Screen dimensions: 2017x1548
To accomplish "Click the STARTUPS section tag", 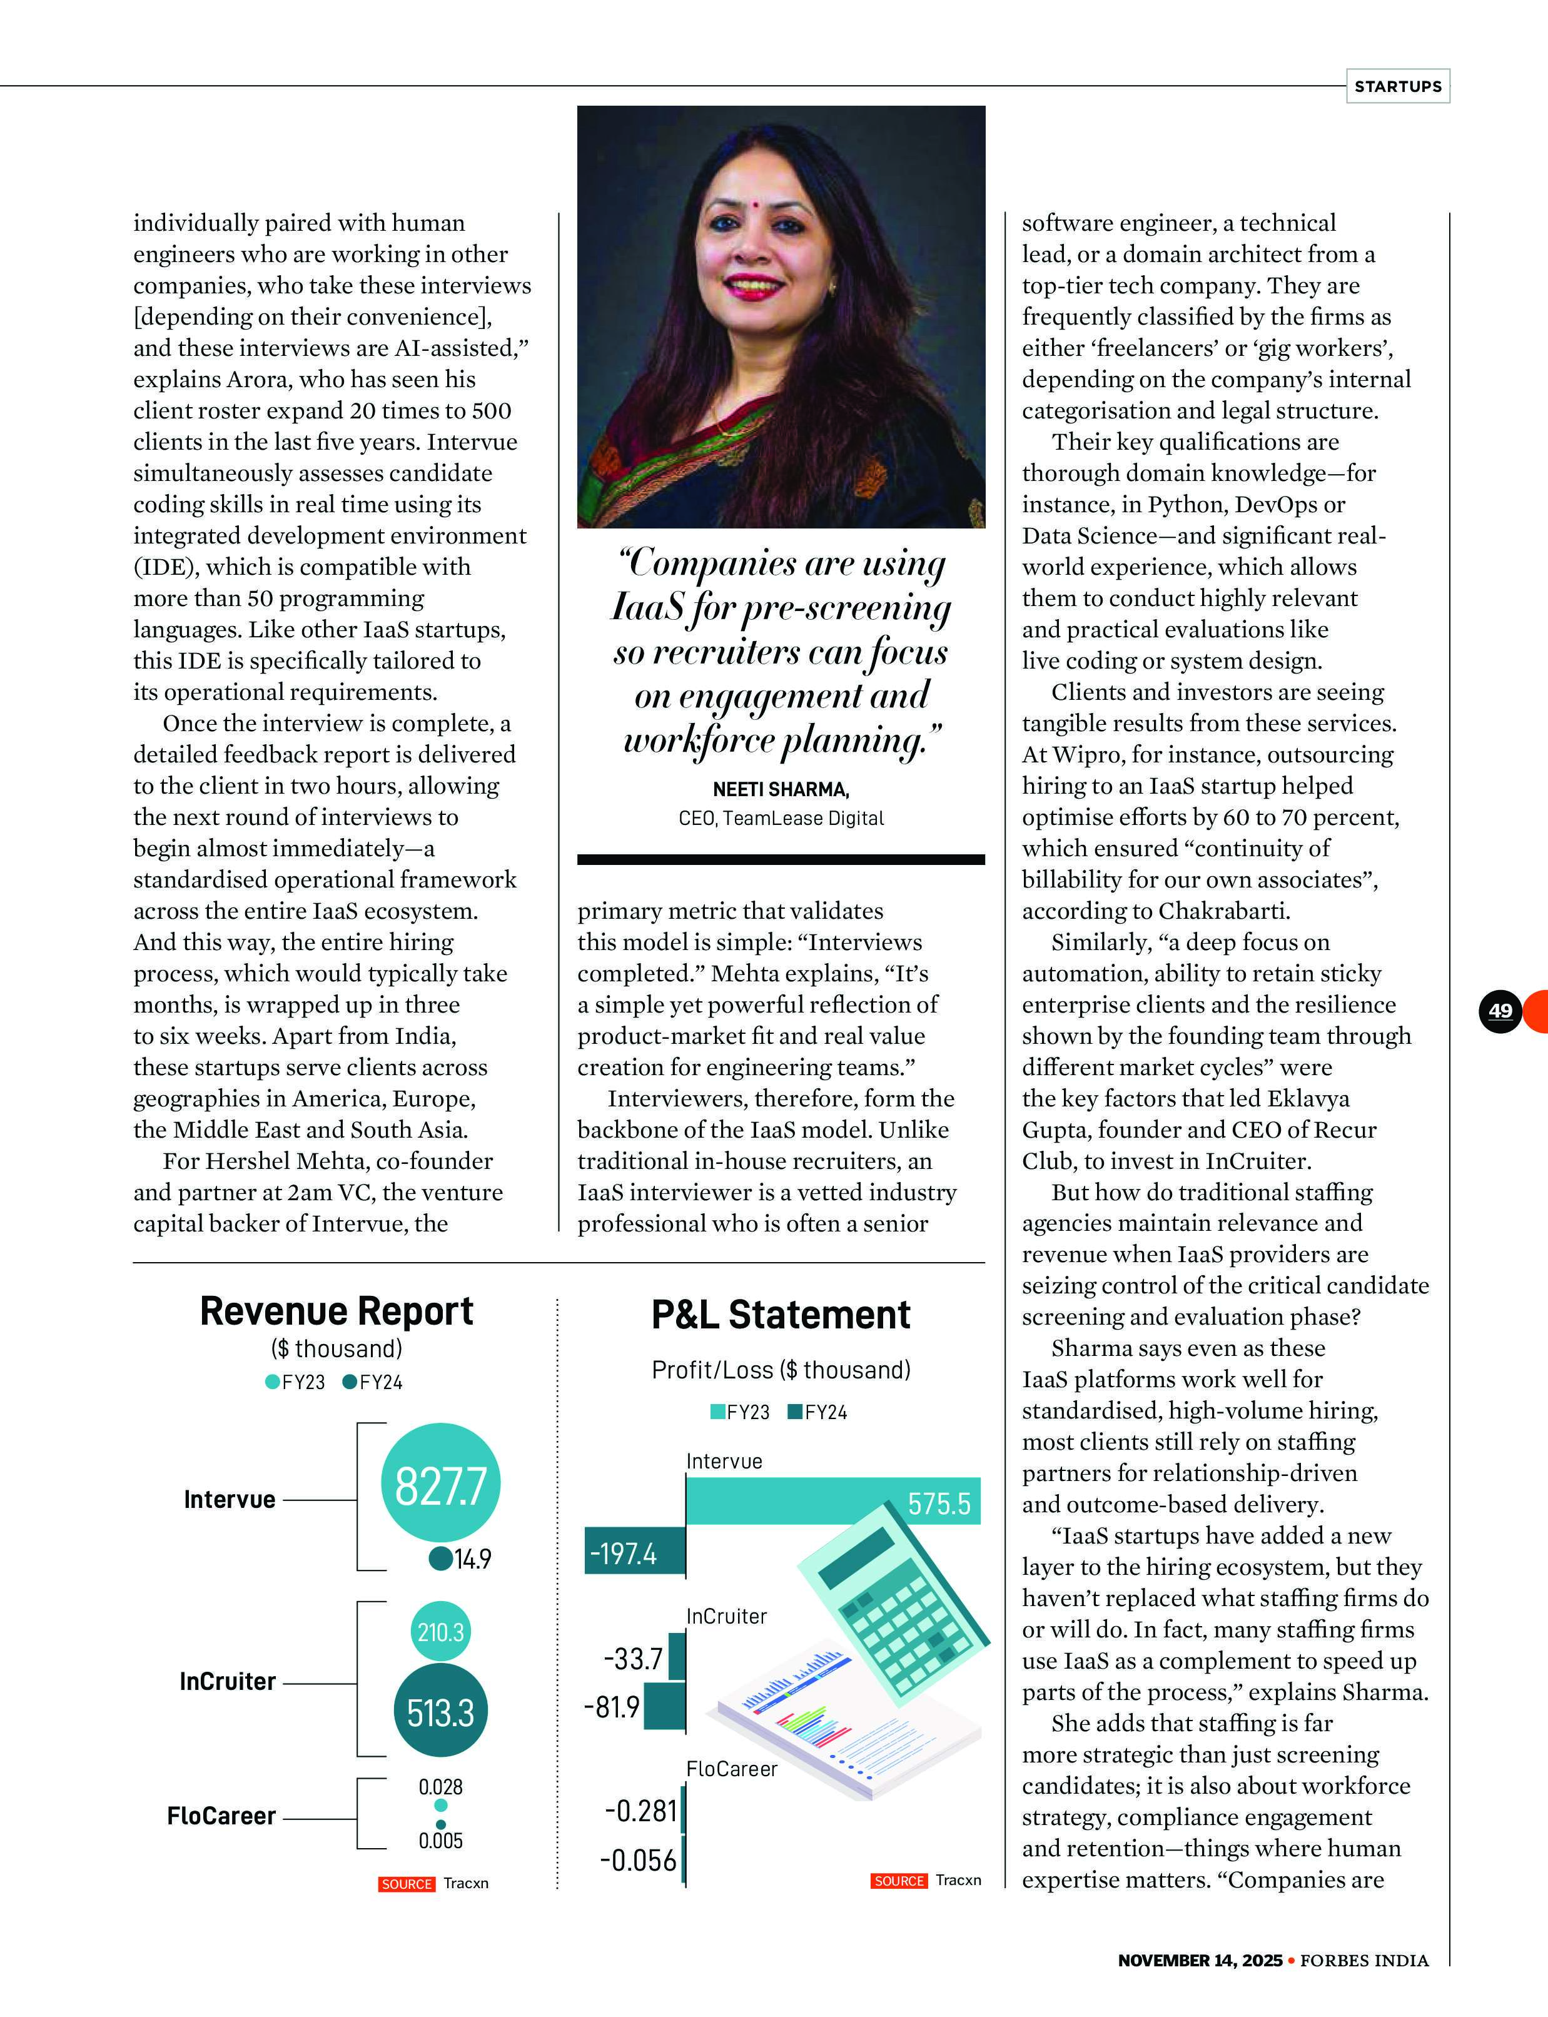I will click(1397, 86).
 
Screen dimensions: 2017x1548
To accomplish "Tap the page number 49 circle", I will click(1500, 1011).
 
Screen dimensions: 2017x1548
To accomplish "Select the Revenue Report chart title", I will click(336, 1311).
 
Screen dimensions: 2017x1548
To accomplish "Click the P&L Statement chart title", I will click(781, 1315).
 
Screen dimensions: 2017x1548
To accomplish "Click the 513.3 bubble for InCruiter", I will click(440, 1712).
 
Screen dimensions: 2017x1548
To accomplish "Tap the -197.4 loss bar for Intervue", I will click(635, 1554).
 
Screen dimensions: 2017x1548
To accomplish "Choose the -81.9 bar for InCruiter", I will click(664, 1707).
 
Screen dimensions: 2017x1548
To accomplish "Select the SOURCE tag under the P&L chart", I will click(898, 1881).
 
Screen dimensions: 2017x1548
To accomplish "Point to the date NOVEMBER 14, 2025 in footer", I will click(1200, 1960).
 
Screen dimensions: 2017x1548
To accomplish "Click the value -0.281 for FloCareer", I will click(640, 1811).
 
